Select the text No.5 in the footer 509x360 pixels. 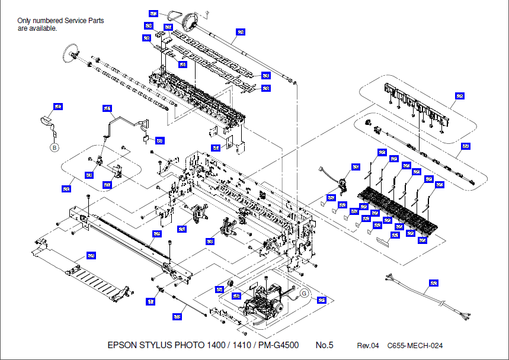pyautogui.click(x=324, y=345)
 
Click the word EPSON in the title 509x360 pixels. pyautogui.click(x=121, y=345)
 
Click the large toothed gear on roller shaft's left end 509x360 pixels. pyautogui.click(x=70, y=55)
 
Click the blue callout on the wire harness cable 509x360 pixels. pyautogui.click(x=434, y=284)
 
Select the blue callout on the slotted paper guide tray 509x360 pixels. pyautogui.click(x=91, y=256)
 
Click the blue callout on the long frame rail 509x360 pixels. pyautogui.click(x=156, y=234)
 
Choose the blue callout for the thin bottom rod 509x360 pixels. pyautogui.click(x=177, y=317)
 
